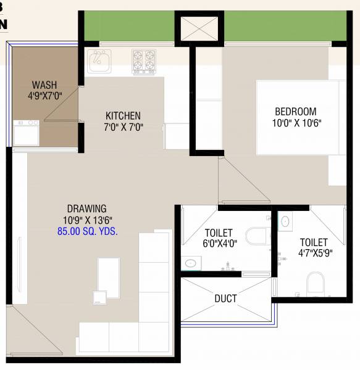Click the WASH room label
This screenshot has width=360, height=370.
click(44, 84)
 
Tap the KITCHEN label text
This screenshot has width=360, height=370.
click(123, 115)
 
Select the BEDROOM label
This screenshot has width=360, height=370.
click(295, 112)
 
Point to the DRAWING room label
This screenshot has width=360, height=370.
click(86, 208)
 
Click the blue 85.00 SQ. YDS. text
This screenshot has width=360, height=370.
click(86, 232)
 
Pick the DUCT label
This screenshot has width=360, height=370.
click(225, 299)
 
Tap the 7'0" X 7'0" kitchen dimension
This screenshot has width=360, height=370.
click(123, 127)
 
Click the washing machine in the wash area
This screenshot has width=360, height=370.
click(26, 133)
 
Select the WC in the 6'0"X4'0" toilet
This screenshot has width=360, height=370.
click(256, 236)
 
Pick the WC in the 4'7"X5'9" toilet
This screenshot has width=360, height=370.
click(316, 283)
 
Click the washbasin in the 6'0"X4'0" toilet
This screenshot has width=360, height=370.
click(191, 263)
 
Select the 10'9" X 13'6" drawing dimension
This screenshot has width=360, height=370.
click(86, 220)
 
